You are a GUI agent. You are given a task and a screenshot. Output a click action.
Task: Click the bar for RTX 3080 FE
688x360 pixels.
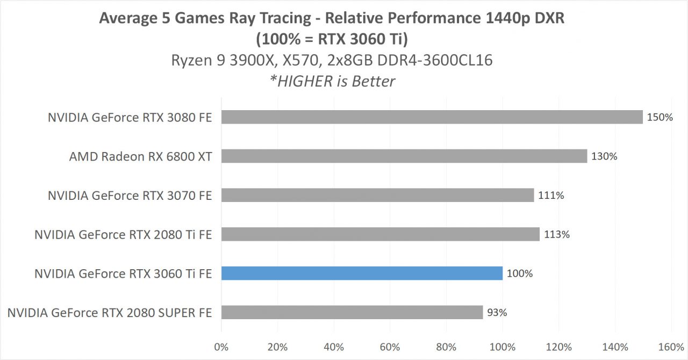click(x=432, y=117)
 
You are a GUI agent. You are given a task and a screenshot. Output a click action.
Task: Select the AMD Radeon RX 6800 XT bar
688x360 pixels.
click(x=404, y=156)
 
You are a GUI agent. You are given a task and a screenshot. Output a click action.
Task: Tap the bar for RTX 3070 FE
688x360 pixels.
click(x=377, y=195)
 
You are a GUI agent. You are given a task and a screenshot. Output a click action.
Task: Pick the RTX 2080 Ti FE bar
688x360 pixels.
click(x=380, y=234)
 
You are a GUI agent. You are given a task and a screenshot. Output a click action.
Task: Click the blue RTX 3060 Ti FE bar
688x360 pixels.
click(x=362, y=273)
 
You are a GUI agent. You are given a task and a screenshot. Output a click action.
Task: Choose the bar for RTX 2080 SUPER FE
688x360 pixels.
click(x=352, y=312)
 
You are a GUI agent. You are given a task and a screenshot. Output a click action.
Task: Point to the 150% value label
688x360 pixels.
click(x=660, y=117)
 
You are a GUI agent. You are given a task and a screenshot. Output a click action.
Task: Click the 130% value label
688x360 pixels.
click(x=604, y=156)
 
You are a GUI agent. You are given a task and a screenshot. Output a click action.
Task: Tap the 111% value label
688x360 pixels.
click(x=551, y=196)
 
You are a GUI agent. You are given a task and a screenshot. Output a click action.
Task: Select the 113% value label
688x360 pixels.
click(x=556, y=234)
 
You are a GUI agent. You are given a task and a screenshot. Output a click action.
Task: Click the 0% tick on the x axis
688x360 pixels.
click(x=221, y=347)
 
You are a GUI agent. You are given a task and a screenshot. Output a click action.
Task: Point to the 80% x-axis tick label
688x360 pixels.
click(x=446, y=347)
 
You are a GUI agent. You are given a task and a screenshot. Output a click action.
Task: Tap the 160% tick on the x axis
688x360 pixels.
click(x=671, y=347)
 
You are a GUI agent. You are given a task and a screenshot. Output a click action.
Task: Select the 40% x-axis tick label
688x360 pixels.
click(x=334, y=347)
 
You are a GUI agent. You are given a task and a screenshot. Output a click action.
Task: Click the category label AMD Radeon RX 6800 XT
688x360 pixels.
click(x=141, y=156)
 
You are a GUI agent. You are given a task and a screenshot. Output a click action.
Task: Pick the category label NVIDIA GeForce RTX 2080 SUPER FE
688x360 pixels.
click(x=110, y=312)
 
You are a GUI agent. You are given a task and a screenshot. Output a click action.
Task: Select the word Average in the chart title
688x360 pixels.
click(x=123, y=18)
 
